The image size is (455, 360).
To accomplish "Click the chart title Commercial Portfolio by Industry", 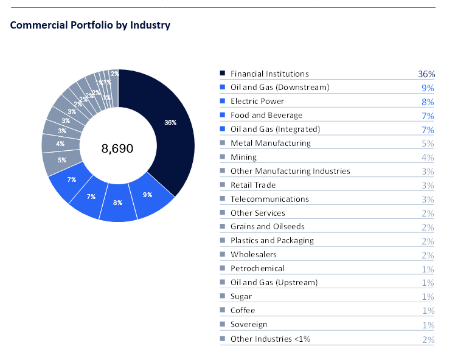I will point(90,25).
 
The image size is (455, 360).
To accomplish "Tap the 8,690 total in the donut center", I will point(117,148).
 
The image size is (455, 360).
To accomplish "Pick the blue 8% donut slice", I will point(118,202).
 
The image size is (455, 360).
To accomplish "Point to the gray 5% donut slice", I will point(62,161).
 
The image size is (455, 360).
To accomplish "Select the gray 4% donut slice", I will point(60,144).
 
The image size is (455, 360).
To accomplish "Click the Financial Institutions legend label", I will point(269,74).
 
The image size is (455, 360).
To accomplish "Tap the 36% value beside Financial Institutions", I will point(426,74).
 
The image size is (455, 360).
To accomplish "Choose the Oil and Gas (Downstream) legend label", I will point(279,88).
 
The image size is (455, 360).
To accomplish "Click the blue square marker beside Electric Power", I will point(223,102).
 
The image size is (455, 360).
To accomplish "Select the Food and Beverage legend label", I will point(266,116).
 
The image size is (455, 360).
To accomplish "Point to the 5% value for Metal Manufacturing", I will point(428,144).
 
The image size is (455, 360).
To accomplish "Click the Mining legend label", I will point(243,157).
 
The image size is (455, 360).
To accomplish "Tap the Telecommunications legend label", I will point(269,199).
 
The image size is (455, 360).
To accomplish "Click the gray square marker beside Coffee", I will point(223,311).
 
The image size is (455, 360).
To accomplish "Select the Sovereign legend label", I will point(249,325).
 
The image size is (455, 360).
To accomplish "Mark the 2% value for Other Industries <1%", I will point(428,339).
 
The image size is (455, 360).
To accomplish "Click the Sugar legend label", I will point(241,297).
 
